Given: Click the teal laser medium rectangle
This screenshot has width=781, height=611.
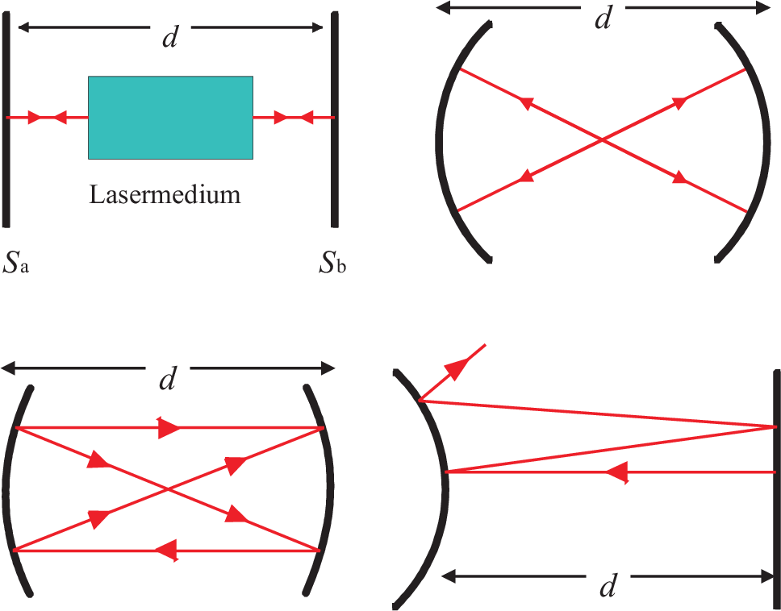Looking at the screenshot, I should (x=170, y=117).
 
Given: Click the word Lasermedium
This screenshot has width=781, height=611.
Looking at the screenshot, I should (x=165, y=194).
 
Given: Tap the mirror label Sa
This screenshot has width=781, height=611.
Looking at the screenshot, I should (x=16, y=264).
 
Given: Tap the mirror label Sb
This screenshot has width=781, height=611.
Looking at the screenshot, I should (x=332, y=264).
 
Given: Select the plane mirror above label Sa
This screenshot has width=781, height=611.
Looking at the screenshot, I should (x=6, y=121).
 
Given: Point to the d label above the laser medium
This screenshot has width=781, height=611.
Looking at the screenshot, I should (x=169, y=36).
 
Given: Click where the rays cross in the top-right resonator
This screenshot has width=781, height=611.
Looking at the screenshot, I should (x=602, y=140).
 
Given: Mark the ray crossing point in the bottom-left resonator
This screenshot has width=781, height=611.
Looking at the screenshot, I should (x=169, y=488).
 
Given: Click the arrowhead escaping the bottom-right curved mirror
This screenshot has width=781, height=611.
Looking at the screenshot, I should (x=457, y=368).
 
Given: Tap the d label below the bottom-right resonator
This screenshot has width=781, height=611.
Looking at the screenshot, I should (x=608, y=587).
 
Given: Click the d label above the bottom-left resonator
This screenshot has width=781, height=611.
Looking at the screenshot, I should (x=167, y=378).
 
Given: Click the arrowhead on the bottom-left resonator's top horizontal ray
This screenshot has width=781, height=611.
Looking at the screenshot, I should (x=169, y=428).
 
